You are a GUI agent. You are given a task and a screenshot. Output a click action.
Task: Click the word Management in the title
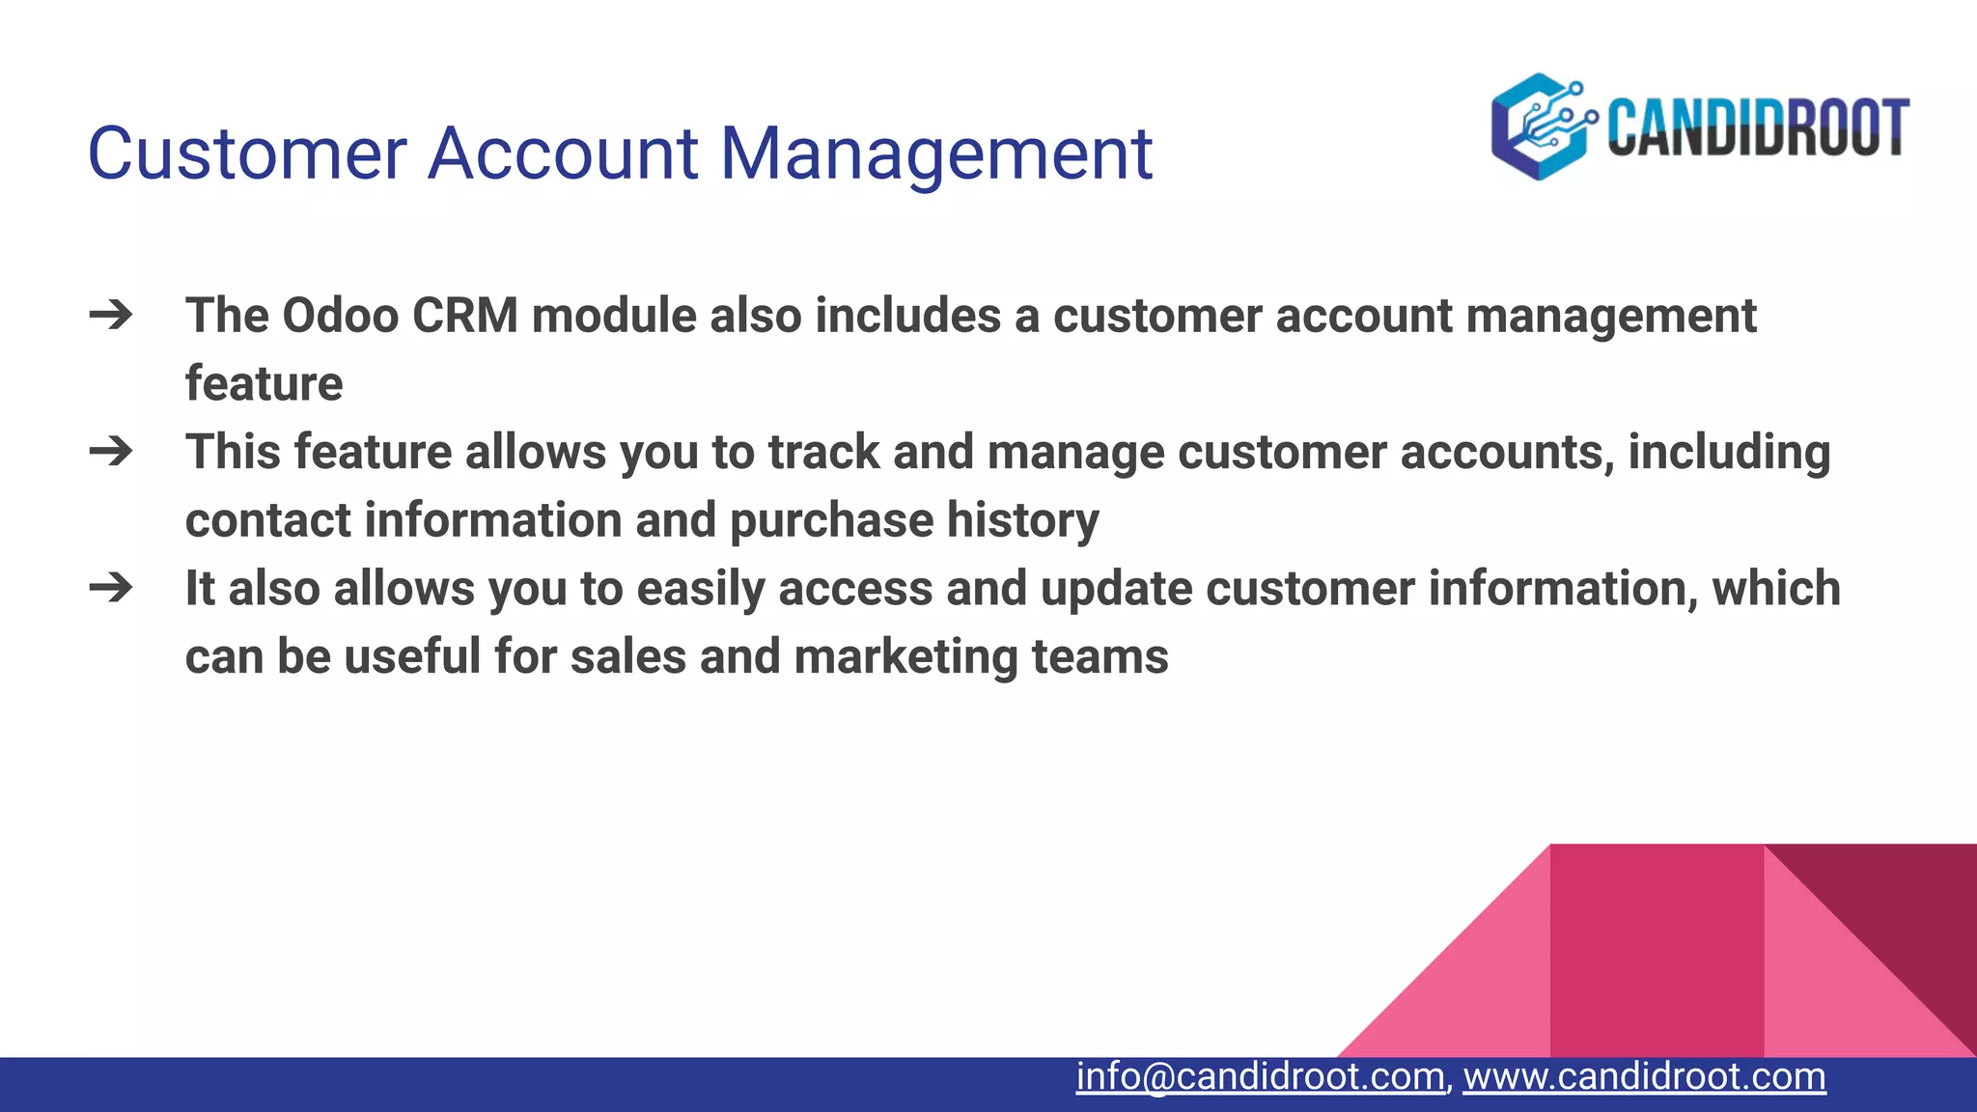(x=935, y=154)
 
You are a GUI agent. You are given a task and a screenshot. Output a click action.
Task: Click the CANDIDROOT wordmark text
(x=1758, y=127)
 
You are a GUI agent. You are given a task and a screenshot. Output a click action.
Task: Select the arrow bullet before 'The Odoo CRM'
(x=111, y=315)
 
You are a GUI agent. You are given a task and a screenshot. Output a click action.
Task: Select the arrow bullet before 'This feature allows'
(x=111, y=451)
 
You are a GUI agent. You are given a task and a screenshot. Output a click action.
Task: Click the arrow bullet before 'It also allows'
(x=111, y=587)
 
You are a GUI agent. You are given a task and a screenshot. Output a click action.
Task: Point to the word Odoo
(x=340, y=316)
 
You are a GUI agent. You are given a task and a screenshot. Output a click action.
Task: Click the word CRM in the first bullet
(x=465, y=316)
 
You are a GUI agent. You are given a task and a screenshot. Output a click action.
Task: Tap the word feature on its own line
(x=264, y=384)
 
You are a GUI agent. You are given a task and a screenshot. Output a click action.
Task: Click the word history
(x=1022, y=521)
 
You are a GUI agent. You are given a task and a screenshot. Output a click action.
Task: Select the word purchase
(x=831, y=521)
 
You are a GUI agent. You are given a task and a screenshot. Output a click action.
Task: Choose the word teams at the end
(x=1100, y=657)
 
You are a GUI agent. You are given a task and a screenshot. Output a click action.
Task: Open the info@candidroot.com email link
(x=1260, y=1076)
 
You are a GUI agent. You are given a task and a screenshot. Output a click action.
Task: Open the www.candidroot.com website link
(x=1644, y=1076)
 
